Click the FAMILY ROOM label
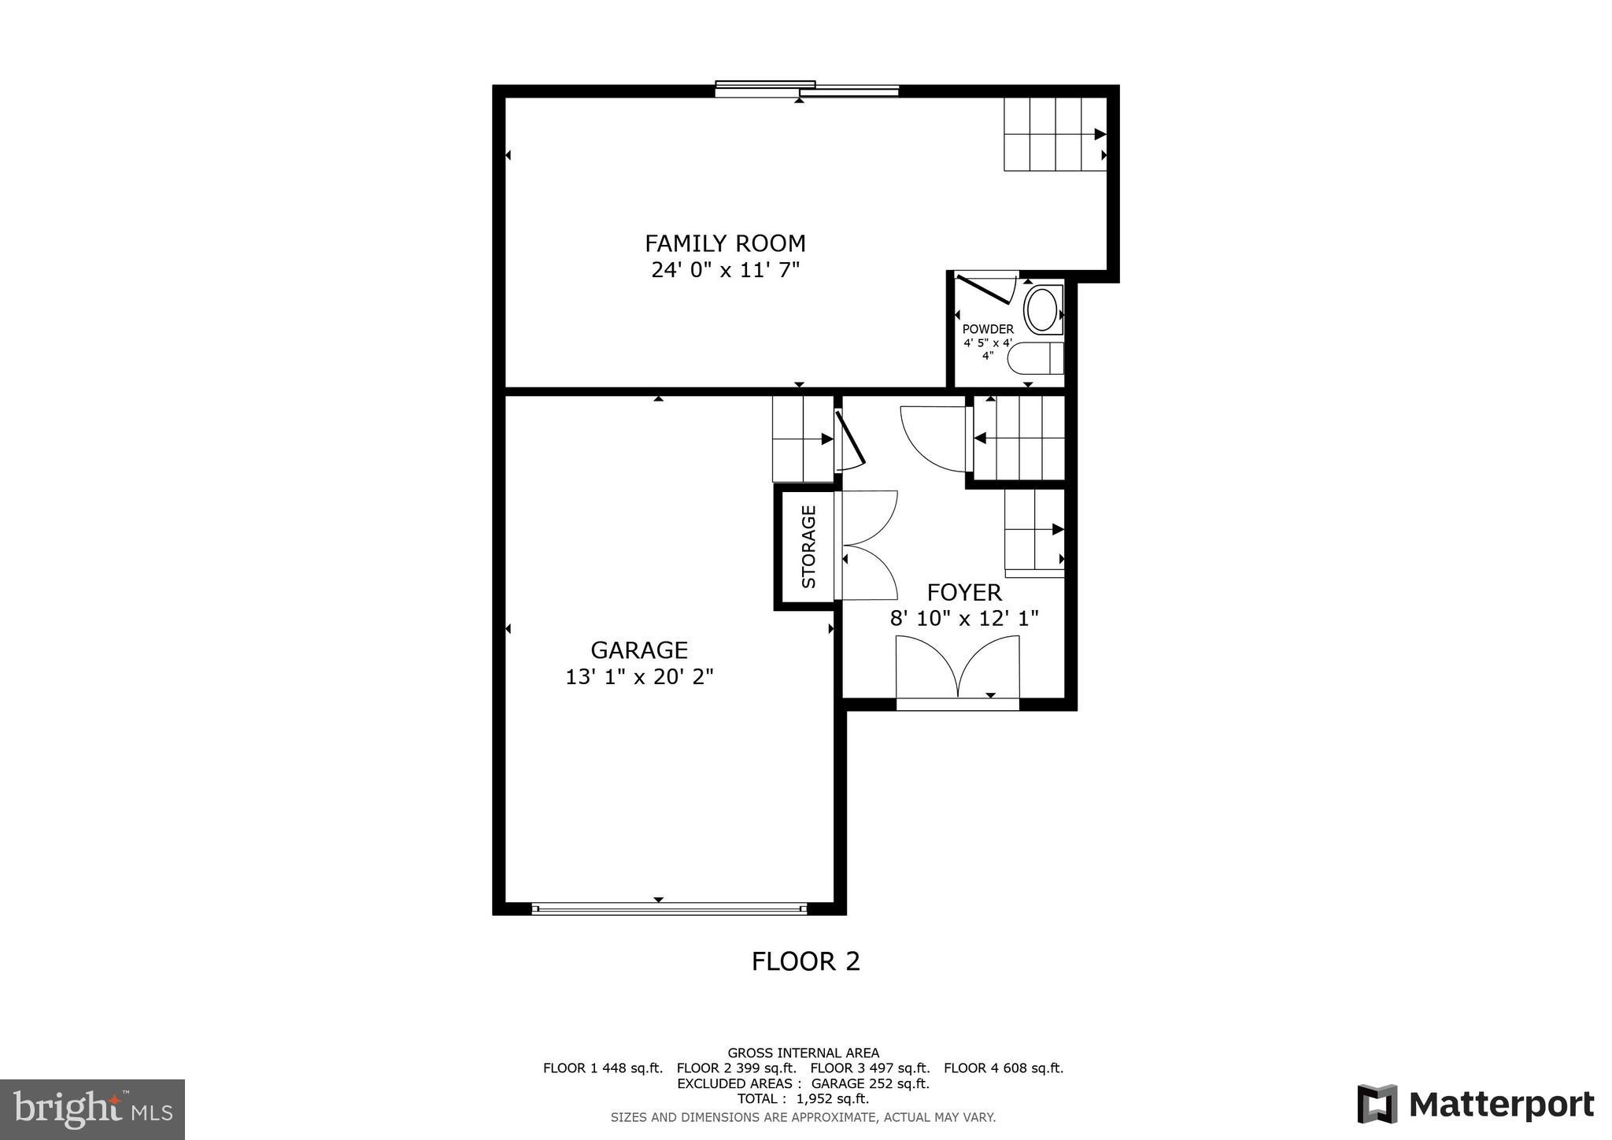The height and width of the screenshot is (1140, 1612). [725, 242]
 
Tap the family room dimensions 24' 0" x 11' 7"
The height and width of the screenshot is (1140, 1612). [725, 270]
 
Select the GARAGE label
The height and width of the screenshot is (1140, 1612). [639, 650]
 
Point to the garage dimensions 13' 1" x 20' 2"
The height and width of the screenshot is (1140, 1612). [639, 676]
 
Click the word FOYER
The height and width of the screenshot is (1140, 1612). [963, 592]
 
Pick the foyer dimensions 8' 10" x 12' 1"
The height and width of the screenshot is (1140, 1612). [963, 618]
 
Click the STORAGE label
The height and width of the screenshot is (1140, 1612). [808, 547]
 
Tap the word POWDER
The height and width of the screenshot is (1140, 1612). [988, 329]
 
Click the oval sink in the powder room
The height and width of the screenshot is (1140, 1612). [1042, 310]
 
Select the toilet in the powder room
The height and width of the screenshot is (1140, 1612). [1037, 358]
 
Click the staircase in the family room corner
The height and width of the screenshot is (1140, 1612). [1055, 134]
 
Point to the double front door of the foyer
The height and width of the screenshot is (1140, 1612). [958, 669]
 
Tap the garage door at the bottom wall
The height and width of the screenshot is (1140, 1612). [669, 909]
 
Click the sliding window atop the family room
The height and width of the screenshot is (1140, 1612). [807, 90]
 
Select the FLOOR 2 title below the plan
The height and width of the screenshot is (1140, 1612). [805, 961]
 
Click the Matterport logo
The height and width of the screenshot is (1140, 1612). [1476, 1104]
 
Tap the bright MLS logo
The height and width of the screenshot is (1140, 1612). [92, 1109]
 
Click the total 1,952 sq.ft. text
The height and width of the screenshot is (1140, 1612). [803, 1098]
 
